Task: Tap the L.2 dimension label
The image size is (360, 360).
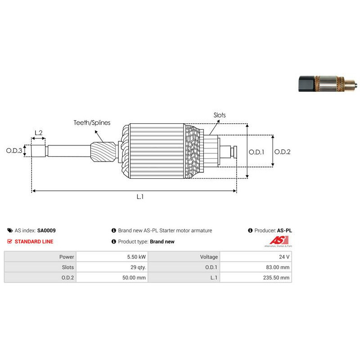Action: tap(38, 133)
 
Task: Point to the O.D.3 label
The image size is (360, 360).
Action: tap(14, 151)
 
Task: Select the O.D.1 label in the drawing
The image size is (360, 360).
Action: tap(256, 152)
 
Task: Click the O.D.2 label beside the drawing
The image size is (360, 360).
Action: tap(283, 152)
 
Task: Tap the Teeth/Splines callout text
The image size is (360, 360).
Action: tap(92, 122)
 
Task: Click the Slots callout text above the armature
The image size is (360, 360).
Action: tap(220, 115)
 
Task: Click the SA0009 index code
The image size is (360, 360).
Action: tap(46, 230)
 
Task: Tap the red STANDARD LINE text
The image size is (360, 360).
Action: tap(34, 242)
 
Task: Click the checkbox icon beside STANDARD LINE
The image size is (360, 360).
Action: tap(10, 242)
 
